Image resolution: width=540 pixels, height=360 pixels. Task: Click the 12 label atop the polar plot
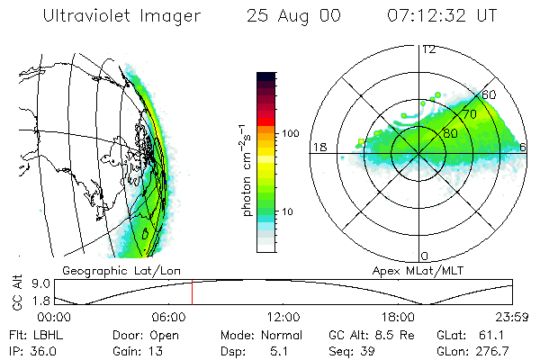[428, 49]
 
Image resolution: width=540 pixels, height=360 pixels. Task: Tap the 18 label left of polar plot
[319, 146]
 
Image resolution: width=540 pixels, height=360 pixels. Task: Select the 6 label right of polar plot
[524, 146]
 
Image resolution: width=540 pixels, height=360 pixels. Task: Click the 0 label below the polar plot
[425, 256]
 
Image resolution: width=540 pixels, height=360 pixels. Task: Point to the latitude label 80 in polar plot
[451, 133]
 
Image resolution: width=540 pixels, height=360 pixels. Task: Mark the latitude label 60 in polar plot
[490, 94]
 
